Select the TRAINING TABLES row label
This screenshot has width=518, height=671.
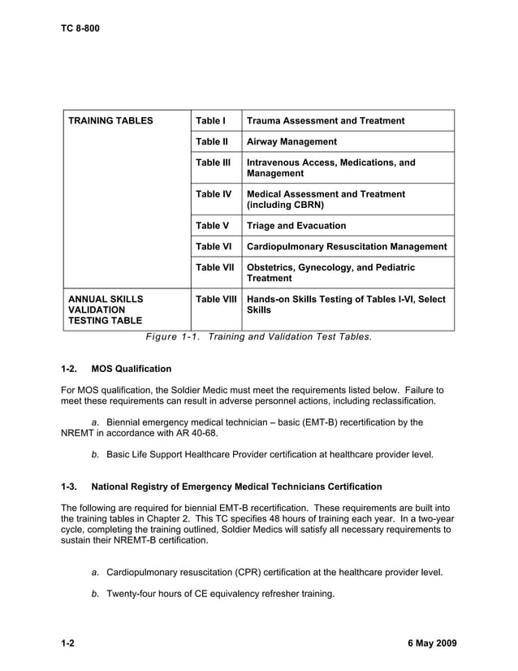click(x=110, y=121)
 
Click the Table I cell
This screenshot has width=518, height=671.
click(x=210, y=121)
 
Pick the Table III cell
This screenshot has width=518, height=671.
click(x=213, y=162)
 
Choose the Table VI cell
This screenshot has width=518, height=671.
click(x=213, y=247)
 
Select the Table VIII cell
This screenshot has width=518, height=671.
click(x=216, y=299)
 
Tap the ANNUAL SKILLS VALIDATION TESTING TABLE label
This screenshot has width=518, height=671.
click(x=105, y=310)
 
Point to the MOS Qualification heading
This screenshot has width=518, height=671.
click(x=132, y=369)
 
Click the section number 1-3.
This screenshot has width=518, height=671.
click(x=69, y=487)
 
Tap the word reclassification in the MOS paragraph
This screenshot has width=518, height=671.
click(x=403, y=401)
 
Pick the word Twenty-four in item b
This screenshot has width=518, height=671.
click(x=133, y=594)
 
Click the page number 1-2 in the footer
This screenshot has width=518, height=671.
click(x=68, y=644)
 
